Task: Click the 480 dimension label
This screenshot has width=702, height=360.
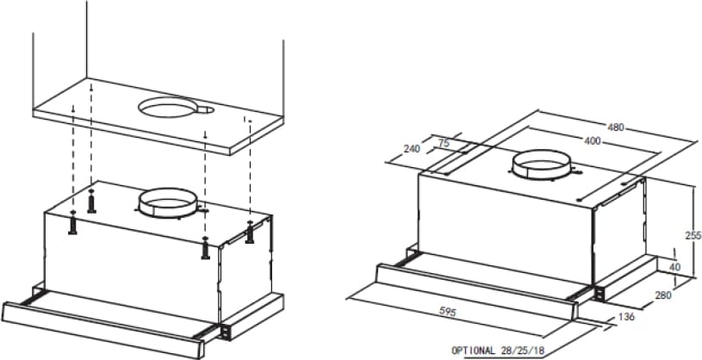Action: coord(616,127)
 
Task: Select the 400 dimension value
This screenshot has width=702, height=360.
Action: coord(593,141)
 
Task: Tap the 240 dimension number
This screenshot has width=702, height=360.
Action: coord(412,149)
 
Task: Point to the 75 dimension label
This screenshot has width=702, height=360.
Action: coord(444,143)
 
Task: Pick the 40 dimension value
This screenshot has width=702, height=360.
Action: coord(674,267)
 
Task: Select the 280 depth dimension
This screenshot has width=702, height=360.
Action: coord(663,295)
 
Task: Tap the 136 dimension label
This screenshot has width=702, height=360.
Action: coord(626,317)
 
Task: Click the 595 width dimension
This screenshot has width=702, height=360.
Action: coord(448,312)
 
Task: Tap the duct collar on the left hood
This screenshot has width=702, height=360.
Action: coord(167,203)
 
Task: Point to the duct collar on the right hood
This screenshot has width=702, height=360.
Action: coord(542,164)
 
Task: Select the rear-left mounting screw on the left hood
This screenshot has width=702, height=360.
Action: coord(92,201)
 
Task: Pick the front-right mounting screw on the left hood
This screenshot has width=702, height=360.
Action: coord(206,248)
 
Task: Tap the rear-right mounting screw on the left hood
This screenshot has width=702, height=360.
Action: coord(250,232)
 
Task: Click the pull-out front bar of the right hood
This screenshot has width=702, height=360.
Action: coord(476,291)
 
